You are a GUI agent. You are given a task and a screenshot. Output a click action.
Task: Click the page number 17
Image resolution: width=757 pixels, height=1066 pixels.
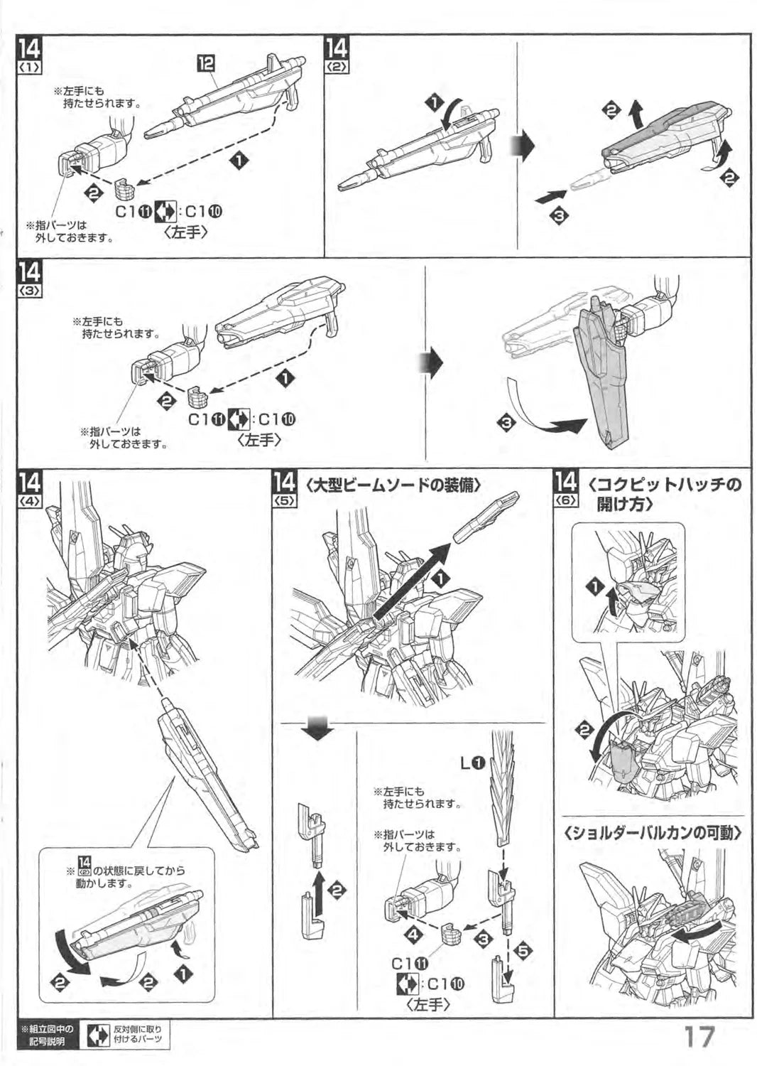point(699,1035)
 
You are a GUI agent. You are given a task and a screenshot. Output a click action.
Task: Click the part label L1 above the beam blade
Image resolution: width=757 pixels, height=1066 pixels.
point(472,763)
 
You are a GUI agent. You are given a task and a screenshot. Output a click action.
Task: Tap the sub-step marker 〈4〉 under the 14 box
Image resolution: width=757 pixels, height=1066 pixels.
point(31,500)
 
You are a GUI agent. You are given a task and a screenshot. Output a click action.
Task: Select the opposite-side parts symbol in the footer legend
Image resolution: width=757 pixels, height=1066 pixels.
point(98,1035)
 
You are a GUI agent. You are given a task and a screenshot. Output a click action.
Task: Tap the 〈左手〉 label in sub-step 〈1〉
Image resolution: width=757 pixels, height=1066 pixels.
point(186,232)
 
